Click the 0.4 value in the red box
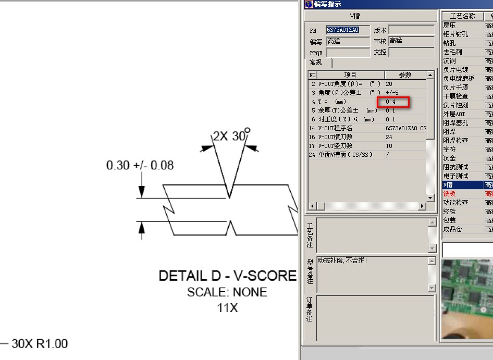[x=391, y=102]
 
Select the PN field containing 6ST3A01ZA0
[x=348, y=30]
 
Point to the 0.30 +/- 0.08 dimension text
[x=140, y=166]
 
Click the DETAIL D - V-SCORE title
[x=227, y=276]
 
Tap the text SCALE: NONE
[x=227, y=292]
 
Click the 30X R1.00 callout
[x=40, y=344]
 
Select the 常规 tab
[x=316, y=63]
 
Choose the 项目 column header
[x=350, y=75]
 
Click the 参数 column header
[x=405, y=75]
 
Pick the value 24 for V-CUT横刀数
[x=389, y=137]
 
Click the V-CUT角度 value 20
[x=389, y=84]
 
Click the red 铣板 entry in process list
[x=449, y=194]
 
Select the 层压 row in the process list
[x=449, y=26]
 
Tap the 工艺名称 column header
[x=462, y=16]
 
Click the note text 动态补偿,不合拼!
[x=342, y=260]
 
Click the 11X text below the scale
[x=227, y=308]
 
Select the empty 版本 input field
[x=411, y=30]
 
